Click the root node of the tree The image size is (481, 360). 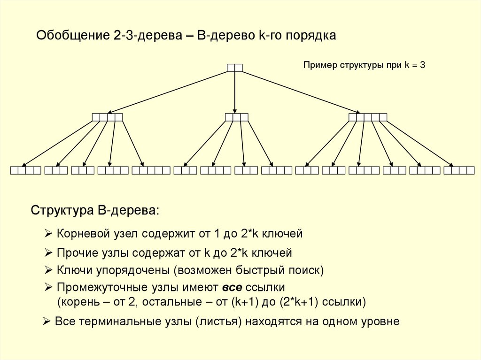click(x=235, y=68)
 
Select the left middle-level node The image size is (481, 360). click(x=108, y=117)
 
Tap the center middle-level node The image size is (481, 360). click(x=236, y=117)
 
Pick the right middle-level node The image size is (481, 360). click(x=368, y=117)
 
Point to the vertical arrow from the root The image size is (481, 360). click(x=235, y=92)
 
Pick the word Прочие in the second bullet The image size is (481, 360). click(x=73, y=253)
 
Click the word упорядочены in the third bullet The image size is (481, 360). click(x=132, y=270)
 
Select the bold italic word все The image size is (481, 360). click(x=232, y=286)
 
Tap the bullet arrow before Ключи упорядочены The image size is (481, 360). click(x=48, y=270)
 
